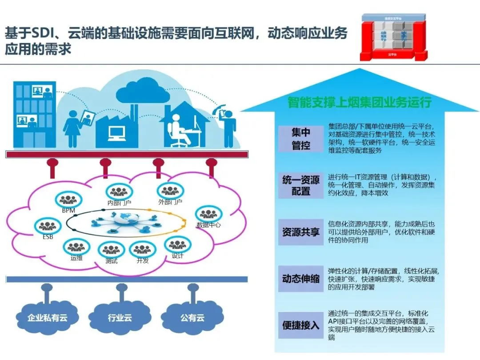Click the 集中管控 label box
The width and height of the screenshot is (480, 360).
click(301, 139)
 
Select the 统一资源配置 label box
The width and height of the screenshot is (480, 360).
click(301, 185)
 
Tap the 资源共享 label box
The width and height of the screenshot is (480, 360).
click(301, 232)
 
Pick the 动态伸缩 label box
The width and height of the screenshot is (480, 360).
click(301, 279)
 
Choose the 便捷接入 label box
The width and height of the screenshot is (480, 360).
click(301, 325)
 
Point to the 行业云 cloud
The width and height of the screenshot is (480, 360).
click(120, 316)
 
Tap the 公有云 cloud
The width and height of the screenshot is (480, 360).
click(192, 316)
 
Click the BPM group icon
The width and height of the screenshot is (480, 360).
click(69, 200)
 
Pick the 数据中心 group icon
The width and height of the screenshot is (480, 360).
click(208, 214)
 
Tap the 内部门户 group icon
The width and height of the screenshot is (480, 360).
click(119, 192)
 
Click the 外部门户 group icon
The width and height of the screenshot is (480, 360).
click(170, 191)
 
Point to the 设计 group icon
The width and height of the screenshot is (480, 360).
click(177, 244)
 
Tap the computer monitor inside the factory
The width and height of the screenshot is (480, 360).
click(117, 132)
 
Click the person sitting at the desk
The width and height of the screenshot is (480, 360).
click(178, 129)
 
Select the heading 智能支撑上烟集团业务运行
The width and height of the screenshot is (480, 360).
click(359, 103)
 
